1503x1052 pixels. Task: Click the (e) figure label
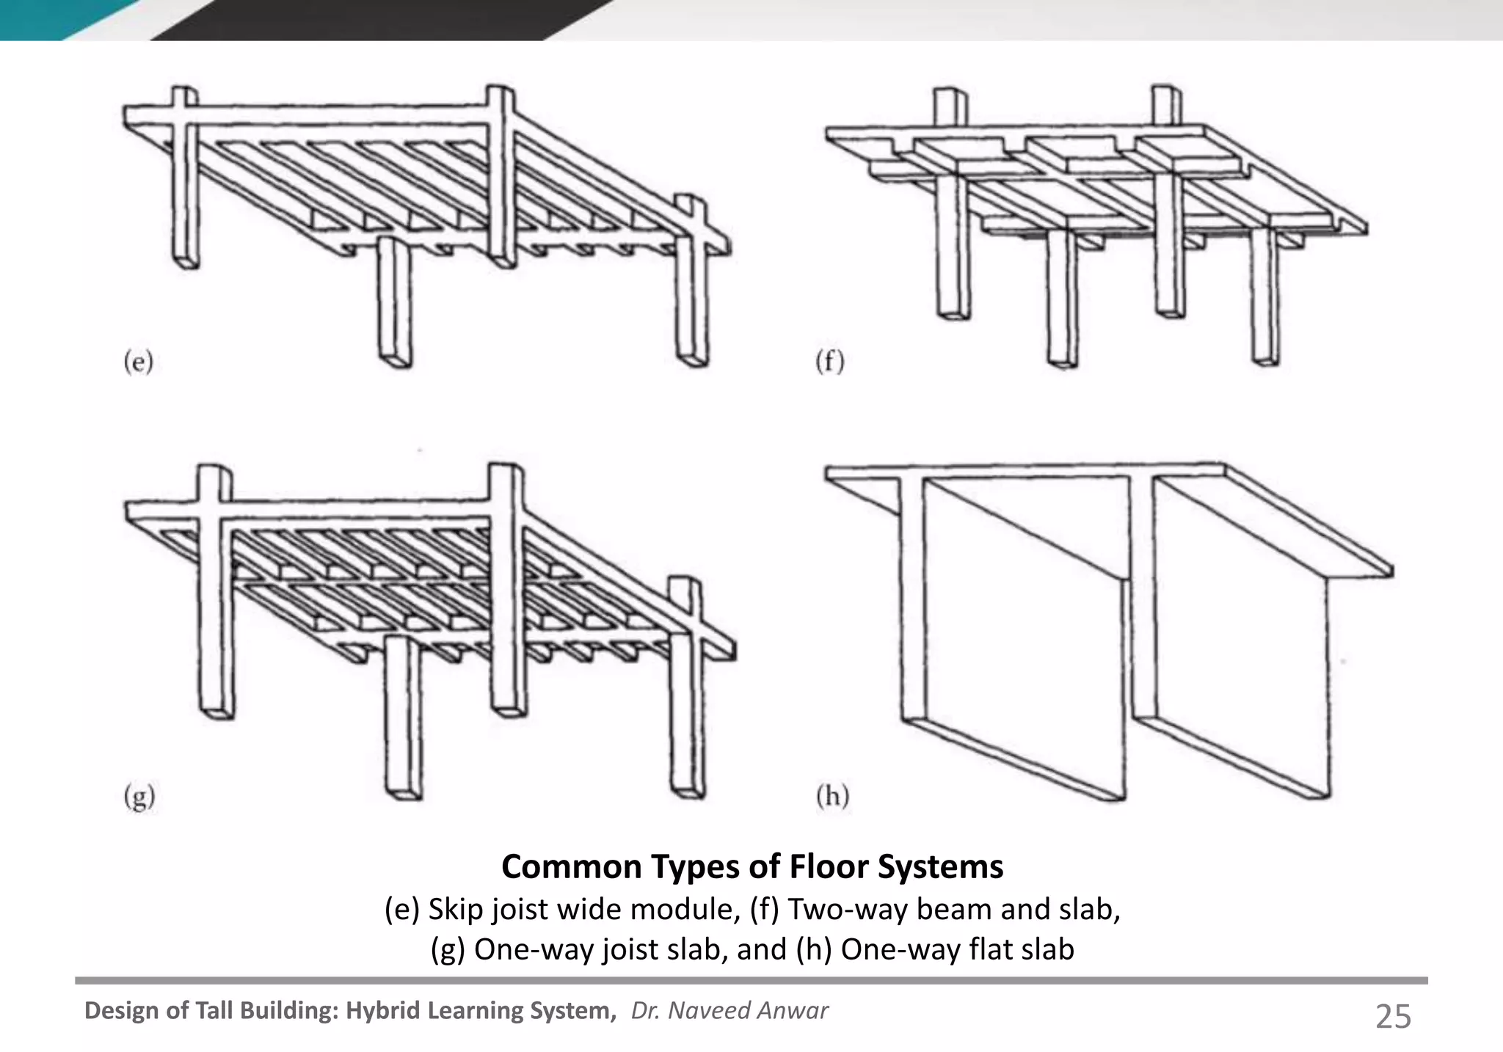tap(138, 362)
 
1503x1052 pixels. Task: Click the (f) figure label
tap(830, 362)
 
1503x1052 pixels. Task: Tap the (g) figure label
tap(139, 796)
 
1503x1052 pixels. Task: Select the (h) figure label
tap(832, 796)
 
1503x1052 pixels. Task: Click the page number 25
tap(1392, 1017)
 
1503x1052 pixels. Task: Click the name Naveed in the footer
tap(710, 1010)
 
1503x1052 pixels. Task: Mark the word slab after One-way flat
tap(1046, 949)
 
